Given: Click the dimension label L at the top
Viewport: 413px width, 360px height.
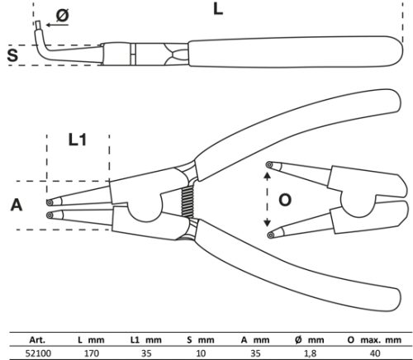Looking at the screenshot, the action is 218,9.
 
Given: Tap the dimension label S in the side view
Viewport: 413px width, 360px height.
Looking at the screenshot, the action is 12,54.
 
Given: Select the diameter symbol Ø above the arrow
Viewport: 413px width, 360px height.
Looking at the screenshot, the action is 63,15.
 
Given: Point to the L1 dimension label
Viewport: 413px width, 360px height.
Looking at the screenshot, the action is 78,140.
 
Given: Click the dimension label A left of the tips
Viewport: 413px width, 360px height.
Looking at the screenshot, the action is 17,205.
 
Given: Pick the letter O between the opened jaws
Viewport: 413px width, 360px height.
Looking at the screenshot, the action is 285,200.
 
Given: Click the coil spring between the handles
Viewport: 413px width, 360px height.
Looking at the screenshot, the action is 188,201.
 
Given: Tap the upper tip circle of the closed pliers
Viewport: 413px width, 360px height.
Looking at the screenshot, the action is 50,203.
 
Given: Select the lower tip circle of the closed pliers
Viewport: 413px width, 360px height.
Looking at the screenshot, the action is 50,216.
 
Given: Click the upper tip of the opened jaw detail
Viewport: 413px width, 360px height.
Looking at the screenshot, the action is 269,165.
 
